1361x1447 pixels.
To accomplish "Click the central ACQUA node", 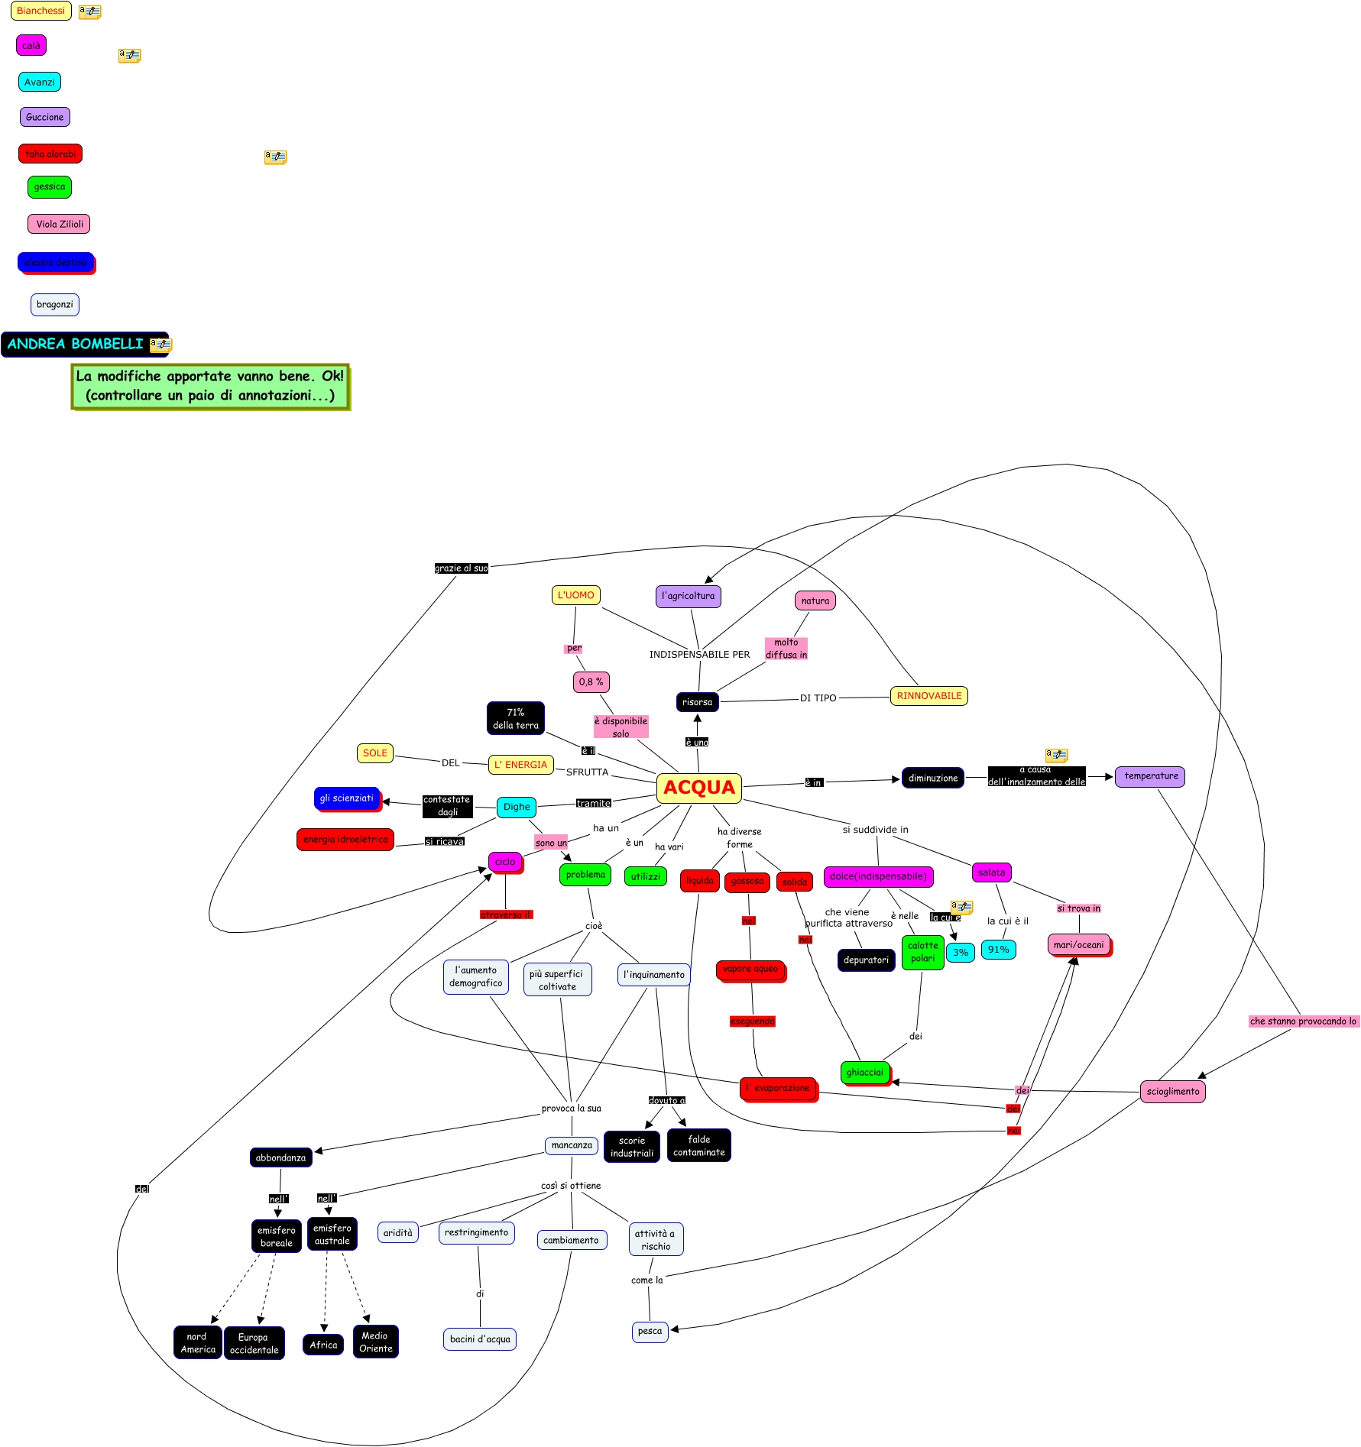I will (x=698, y=788).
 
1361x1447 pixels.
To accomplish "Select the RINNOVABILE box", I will (x=928, y=696).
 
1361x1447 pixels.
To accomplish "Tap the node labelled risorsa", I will (x=697, y=702).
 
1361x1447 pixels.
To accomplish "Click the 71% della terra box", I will (x=515, y=718).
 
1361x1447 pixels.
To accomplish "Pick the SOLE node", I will (x=374, y=753).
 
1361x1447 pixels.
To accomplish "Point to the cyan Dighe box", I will (x=517, y=807).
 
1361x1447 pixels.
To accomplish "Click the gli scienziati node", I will (x=347, y=798).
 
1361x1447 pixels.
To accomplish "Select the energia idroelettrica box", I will (x=345, y=840).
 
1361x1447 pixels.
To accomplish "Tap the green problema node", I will (x=585, y=875).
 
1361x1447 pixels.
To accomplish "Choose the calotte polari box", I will (x=922, y=952).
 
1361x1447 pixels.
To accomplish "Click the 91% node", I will (x=998, y=950).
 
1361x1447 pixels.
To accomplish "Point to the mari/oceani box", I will (x=1078, y=945).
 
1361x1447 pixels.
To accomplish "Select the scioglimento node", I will (x=1172, y=1092).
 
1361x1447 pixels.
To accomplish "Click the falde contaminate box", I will (x=698, y=1146).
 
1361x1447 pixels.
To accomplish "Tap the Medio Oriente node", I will (x=375, y=1342).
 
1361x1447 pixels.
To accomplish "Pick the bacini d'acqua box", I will (x=480, y=1339).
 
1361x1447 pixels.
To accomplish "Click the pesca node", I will (x=650, y=1332).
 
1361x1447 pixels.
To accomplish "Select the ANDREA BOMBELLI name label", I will (x=76, y=345).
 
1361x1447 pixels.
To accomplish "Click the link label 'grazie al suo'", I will (x=461, y=568).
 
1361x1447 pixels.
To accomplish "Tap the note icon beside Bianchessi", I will (x=90, y=12).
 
